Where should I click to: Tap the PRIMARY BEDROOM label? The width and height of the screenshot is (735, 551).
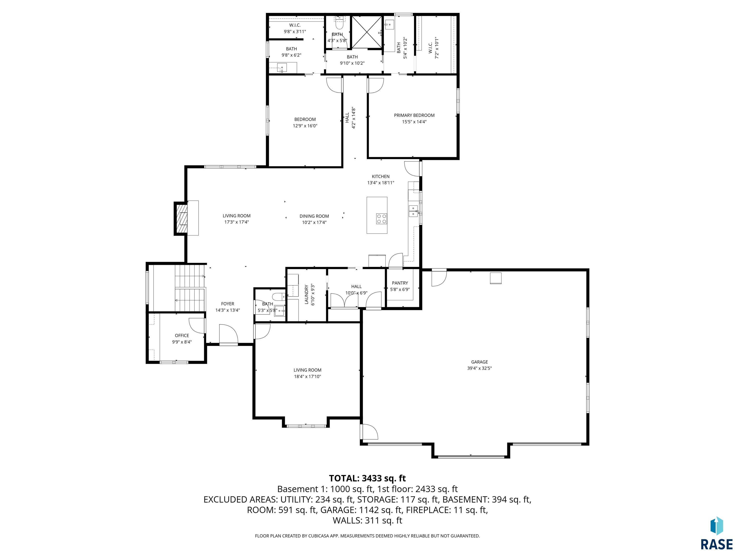tap(414, 115)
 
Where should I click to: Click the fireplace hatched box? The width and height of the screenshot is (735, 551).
tap(181, 219)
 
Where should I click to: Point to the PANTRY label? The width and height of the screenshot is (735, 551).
tap(400, 283)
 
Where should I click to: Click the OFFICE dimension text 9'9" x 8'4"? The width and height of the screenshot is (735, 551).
tap(182, 342)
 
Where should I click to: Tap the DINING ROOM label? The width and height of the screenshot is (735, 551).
tap(314, 216)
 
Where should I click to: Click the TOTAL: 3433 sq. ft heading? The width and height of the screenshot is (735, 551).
tap(367, 478)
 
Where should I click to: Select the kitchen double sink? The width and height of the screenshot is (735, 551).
tap(413, 211)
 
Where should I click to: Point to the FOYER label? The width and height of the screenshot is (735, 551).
tap(228, 303)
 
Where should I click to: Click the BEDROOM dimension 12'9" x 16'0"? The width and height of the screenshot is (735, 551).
tap(305, 126)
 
